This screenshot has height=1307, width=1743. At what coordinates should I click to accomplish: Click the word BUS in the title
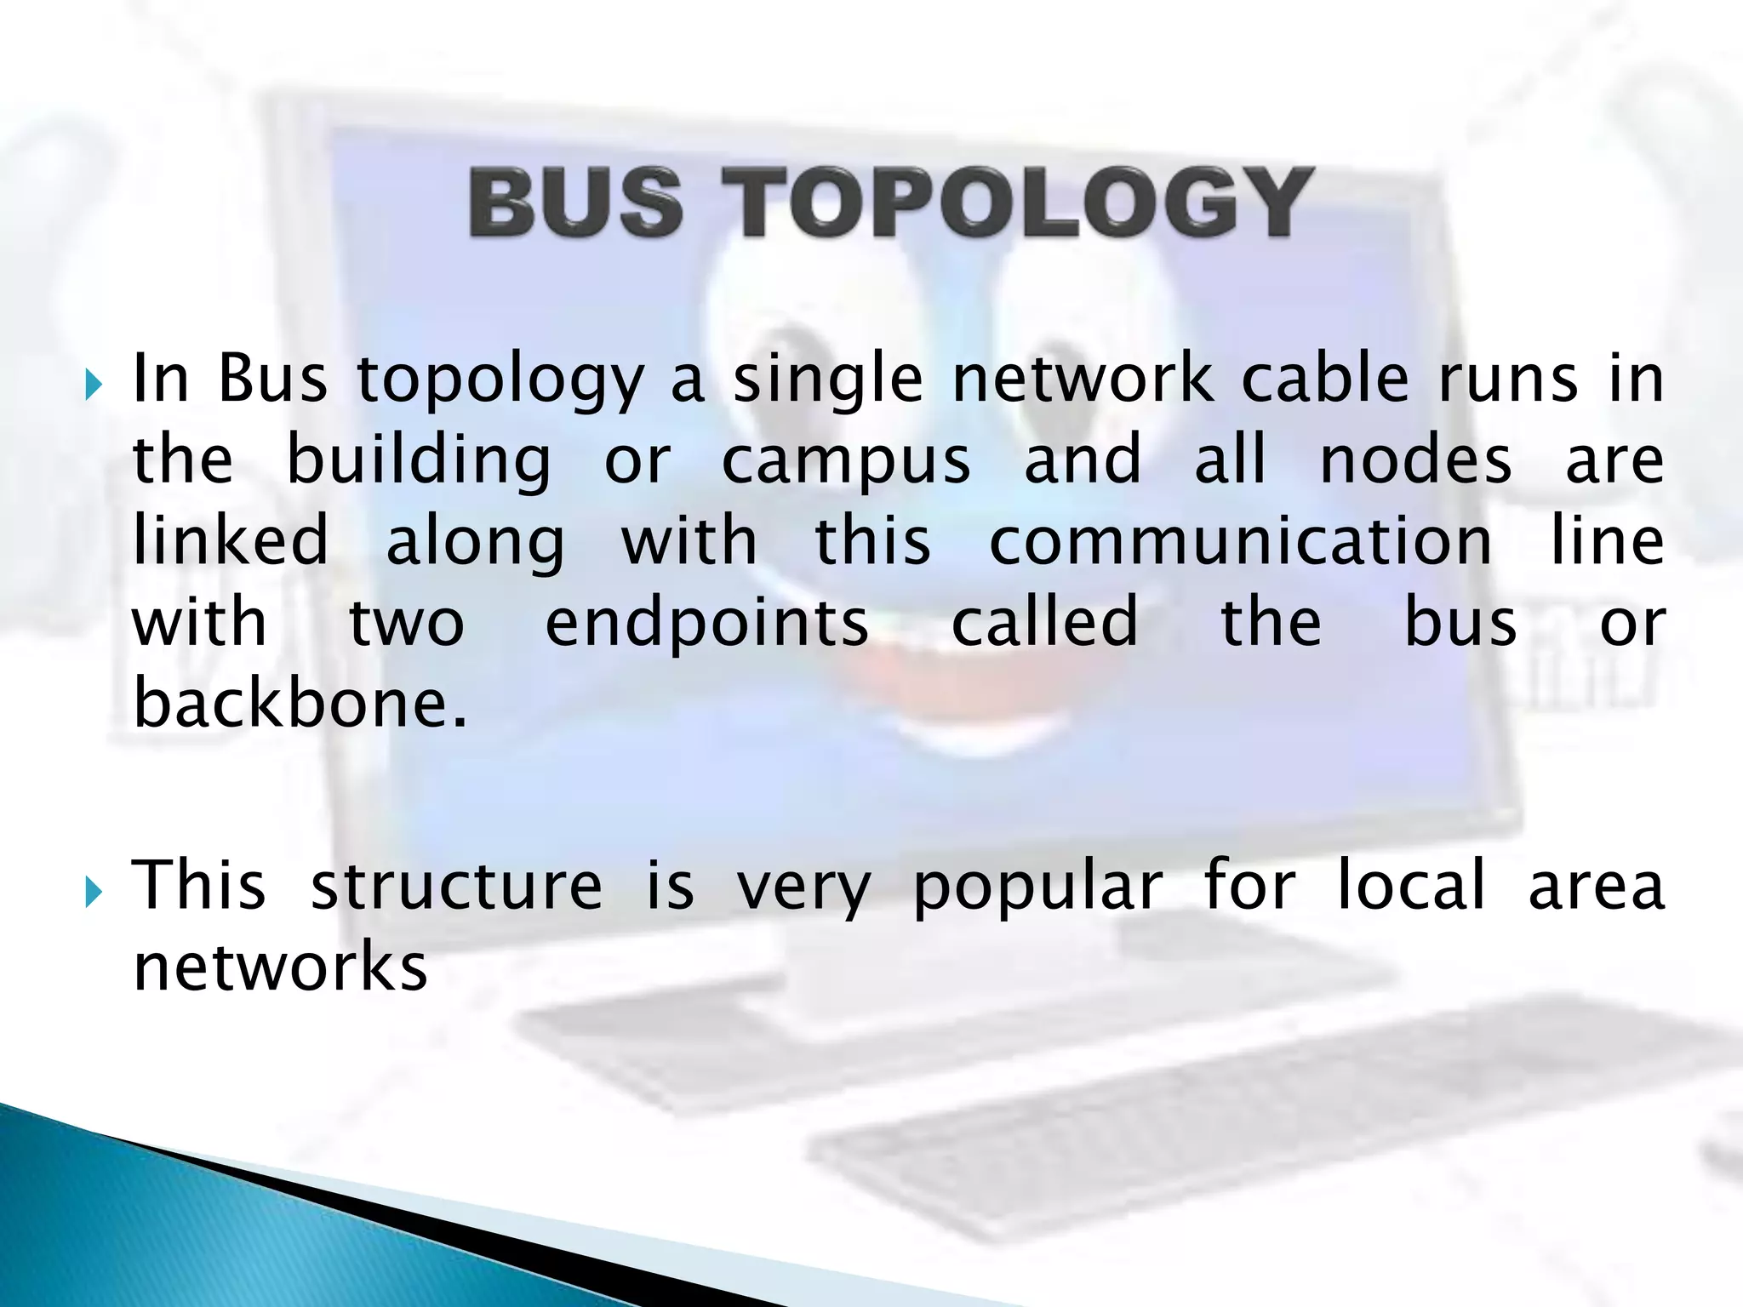(x=575, y=202)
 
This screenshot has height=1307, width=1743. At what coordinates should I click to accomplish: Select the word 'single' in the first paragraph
(x=827, y=380)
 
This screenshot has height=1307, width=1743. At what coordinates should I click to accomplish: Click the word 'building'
(x=419, y=461)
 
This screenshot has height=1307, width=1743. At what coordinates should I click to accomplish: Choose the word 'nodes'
(x=1415, y=459)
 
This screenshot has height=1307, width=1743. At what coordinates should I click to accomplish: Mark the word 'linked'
(x=231, y=540)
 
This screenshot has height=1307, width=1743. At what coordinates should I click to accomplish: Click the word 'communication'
(x=1240, y=540)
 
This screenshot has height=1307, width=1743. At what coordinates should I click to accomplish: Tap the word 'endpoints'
(x=706, y=624)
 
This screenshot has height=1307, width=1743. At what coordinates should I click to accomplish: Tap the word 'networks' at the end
(x=280, y=967)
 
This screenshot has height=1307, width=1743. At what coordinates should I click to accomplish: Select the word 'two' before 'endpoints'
(x=407, y=623)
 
